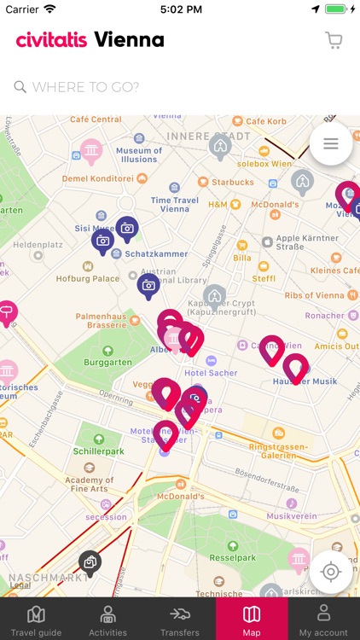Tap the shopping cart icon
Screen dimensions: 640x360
[334, 40]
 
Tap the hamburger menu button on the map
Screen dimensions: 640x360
[331, 144]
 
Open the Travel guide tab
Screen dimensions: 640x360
[36, 620]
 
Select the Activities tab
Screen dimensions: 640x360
[108, 620]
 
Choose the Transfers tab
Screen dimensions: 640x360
[179, 620]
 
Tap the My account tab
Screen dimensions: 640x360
[323, 620]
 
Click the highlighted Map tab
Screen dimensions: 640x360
[252, 620]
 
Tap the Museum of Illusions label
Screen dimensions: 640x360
[139, 154]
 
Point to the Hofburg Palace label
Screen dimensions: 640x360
[89, 278]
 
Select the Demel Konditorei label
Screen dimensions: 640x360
[99, 178]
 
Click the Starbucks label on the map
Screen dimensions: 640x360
[233, 182]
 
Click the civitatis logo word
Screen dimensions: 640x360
[51, 40]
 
